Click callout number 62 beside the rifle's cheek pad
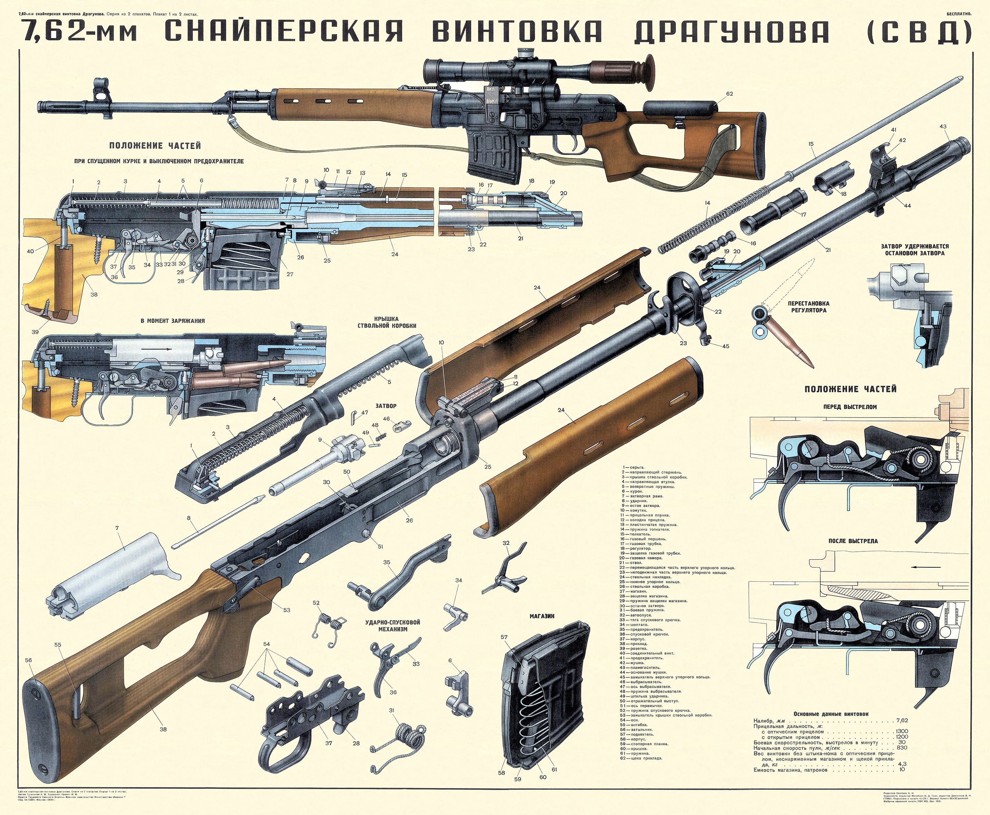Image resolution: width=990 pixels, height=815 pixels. [x=729, y=94]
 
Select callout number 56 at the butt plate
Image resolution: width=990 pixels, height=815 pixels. [x=29, y=660]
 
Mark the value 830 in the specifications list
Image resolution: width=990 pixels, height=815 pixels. [x=901, y=747]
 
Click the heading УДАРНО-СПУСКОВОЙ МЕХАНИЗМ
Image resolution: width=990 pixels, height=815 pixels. [x=392, y=625]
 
